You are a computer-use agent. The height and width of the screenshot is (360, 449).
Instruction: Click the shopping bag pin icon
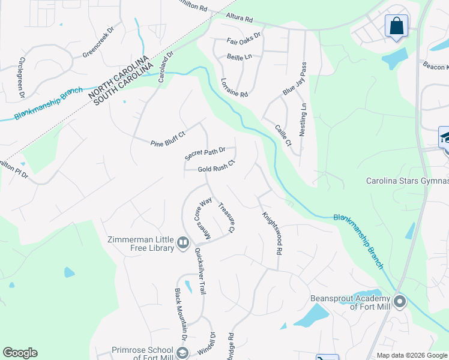[x=396, y=26]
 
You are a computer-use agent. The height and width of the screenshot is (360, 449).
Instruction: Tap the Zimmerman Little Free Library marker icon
[x=184, y=242]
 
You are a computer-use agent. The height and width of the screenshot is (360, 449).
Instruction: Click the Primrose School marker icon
[x=183, y=352]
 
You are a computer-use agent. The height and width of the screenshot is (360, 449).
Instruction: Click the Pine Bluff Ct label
[x=169, y=143]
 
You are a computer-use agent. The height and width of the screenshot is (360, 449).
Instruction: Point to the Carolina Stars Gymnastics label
[x=407, y=181]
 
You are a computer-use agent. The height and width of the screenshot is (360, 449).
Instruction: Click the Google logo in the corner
[x=20, y=353]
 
